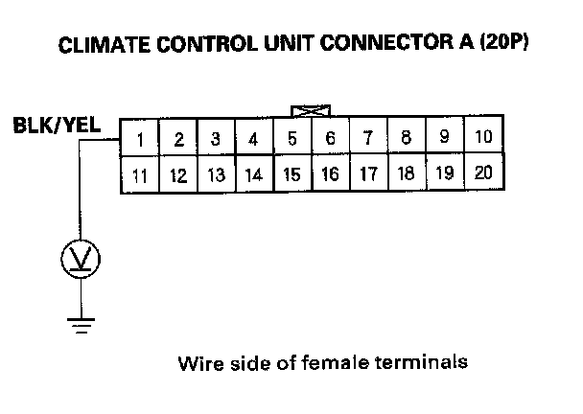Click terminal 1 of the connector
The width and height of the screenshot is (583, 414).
pos(140,139)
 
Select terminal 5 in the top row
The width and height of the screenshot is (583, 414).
pos(292,139)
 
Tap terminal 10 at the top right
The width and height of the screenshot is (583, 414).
pos(483,137)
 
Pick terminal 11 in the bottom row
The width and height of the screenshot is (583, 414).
pos(140,176)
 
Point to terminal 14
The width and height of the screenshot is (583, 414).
pos(254,176)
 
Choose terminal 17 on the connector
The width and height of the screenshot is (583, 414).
pos(368,175)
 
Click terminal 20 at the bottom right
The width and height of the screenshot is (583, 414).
pos(483,173)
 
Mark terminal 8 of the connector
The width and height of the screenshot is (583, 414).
pos(407,138)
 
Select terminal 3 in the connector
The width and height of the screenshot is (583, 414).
pos(217,139)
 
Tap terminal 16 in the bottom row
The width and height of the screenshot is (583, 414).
pos(330,175)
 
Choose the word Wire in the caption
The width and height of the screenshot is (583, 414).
pos(198,363)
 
